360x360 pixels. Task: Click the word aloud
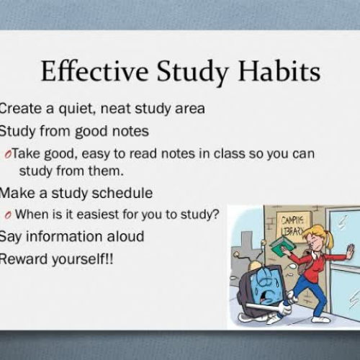122,236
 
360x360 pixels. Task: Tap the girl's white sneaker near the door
322,318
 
